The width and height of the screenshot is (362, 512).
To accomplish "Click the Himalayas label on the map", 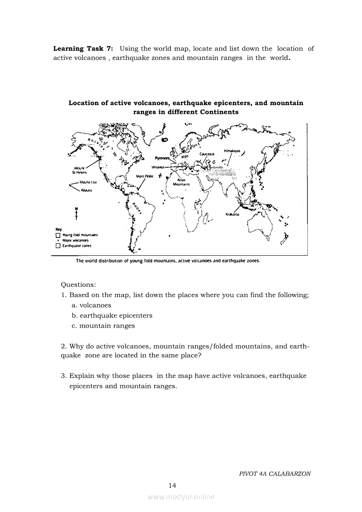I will [232, 151].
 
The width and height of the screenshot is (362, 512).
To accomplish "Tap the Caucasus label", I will [207, 154].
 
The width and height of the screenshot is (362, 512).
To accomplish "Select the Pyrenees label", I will [162, 158].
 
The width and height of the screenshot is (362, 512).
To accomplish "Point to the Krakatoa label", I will [232, 214].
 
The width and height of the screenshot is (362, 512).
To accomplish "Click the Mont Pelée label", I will [145, 177].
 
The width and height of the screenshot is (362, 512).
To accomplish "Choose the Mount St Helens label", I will [79, 170].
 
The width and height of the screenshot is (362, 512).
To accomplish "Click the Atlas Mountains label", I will [181, 182].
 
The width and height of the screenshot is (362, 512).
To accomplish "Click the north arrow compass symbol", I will [77, 213].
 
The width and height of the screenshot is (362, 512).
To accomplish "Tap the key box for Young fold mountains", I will [58, 235].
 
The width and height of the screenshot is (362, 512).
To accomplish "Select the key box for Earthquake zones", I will [58, 246].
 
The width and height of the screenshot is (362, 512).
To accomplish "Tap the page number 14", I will [172, 485].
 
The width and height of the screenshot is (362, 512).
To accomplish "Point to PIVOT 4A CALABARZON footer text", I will [275, 473].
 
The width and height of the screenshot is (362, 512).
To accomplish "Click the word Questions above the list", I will [78, 285].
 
